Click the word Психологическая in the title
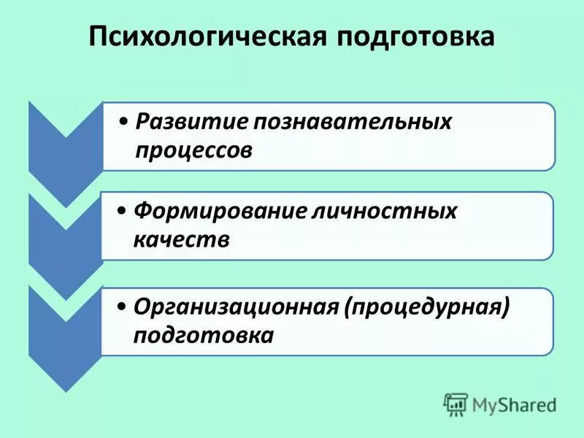(x=207, y=37)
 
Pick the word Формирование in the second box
(x=207, y=211)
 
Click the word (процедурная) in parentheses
(x=426, y=307)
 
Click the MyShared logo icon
(x=456, y=404)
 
